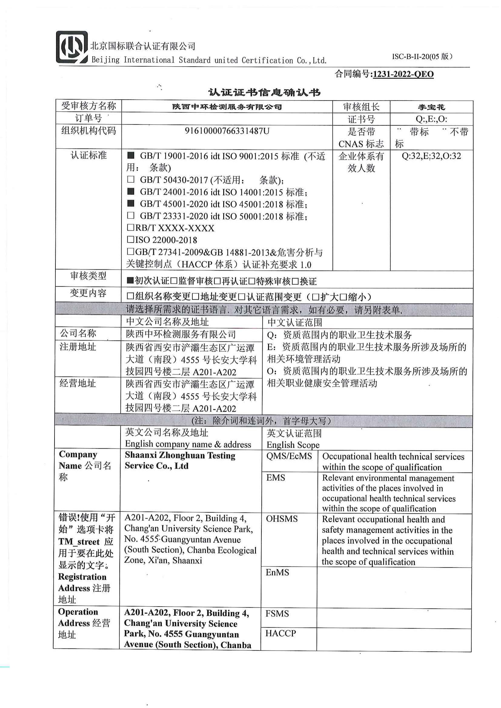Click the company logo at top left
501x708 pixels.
pos(71,47)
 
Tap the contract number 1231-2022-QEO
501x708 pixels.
pos(403,74)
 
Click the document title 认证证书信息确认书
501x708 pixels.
pos(264,92)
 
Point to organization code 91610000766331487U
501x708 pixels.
pos(227,131)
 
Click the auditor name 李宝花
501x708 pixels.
pos(431,107)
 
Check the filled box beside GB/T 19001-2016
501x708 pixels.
pos(131,155)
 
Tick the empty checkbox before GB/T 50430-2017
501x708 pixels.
pos(131,179)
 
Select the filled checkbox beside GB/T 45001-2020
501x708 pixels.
pos(131,203)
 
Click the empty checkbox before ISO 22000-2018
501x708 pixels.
pos(131,239)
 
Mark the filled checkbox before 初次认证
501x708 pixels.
pos(130,281)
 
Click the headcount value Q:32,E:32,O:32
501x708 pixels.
pos(431,156)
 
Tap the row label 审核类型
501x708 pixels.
pos(88,276)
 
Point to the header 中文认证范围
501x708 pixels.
pos(295,323)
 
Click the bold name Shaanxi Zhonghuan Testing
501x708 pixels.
pos(180,456)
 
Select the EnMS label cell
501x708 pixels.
pos(277,572)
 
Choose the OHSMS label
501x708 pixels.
pos(282,519)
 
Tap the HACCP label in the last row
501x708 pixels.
pos(280,633)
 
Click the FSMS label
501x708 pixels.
pos(277,613)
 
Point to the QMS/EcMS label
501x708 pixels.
pos(289,456)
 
